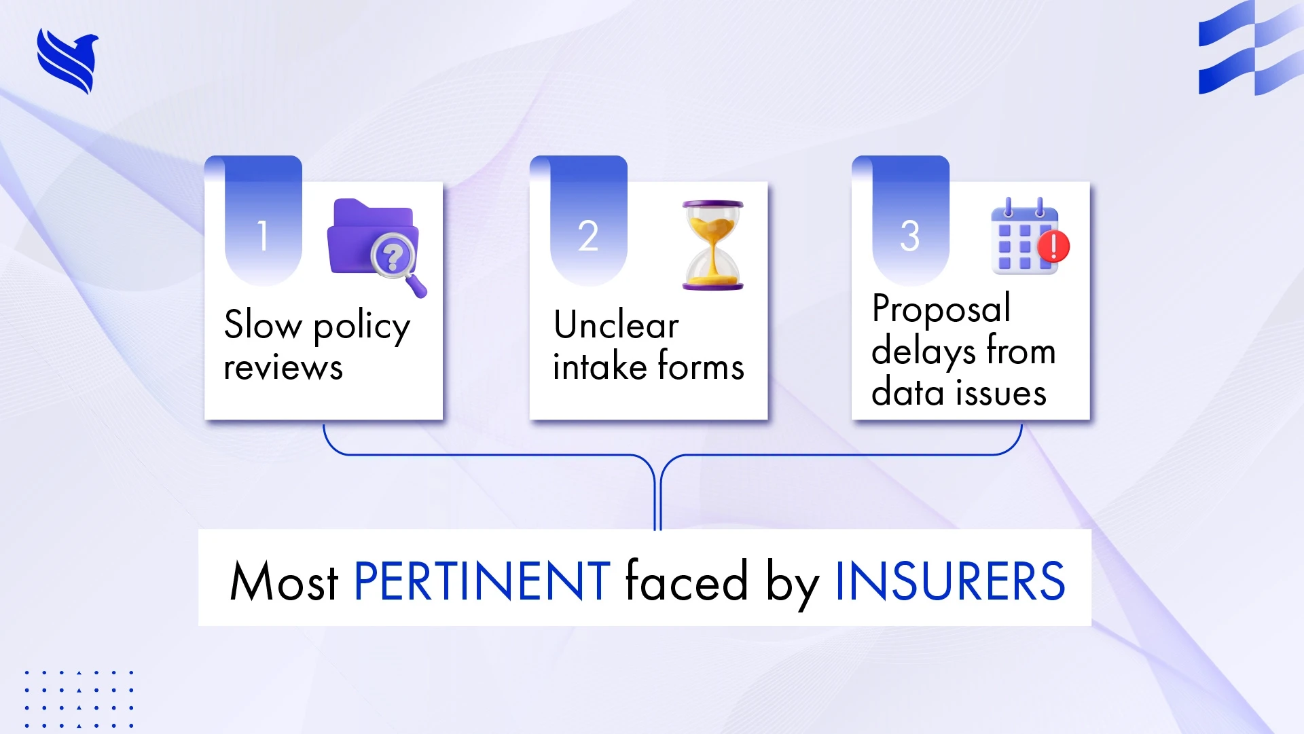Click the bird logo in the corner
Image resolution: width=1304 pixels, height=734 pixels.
(x=67, y=60)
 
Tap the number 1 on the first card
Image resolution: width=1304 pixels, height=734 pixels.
(x=263, y=236)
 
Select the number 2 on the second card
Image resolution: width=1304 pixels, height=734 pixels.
(x=588, y=236)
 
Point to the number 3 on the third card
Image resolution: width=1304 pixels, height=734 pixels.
(x=910, y=236)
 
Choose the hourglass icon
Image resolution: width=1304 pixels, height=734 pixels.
(x=712, y=245)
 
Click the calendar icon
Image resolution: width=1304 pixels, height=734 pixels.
(x=1022, y=238)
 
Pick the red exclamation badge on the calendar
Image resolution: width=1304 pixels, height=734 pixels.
(x=1053, y=246)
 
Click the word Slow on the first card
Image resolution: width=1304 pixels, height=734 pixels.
(x=263, y=325)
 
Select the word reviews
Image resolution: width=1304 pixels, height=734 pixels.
(x=283, y=368)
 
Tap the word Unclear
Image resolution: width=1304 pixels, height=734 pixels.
(x=616, y=325)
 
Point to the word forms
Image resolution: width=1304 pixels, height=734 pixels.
(x=701, y=367)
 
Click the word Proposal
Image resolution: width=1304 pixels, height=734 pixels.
(x=941, y=309)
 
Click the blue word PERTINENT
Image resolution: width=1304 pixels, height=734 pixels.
(x=482, y=581)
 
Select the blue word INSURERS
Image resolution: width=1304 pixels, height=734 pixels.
(x=949, y=581)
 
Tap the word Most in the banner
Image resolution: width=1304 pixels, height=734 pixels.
(x=284, y=581)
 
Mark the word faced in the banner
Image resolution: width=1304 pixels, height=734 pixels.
(x=686, y=581)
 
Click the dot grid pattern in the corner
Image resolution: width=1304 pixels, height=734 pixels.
(x=79, y=699)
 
